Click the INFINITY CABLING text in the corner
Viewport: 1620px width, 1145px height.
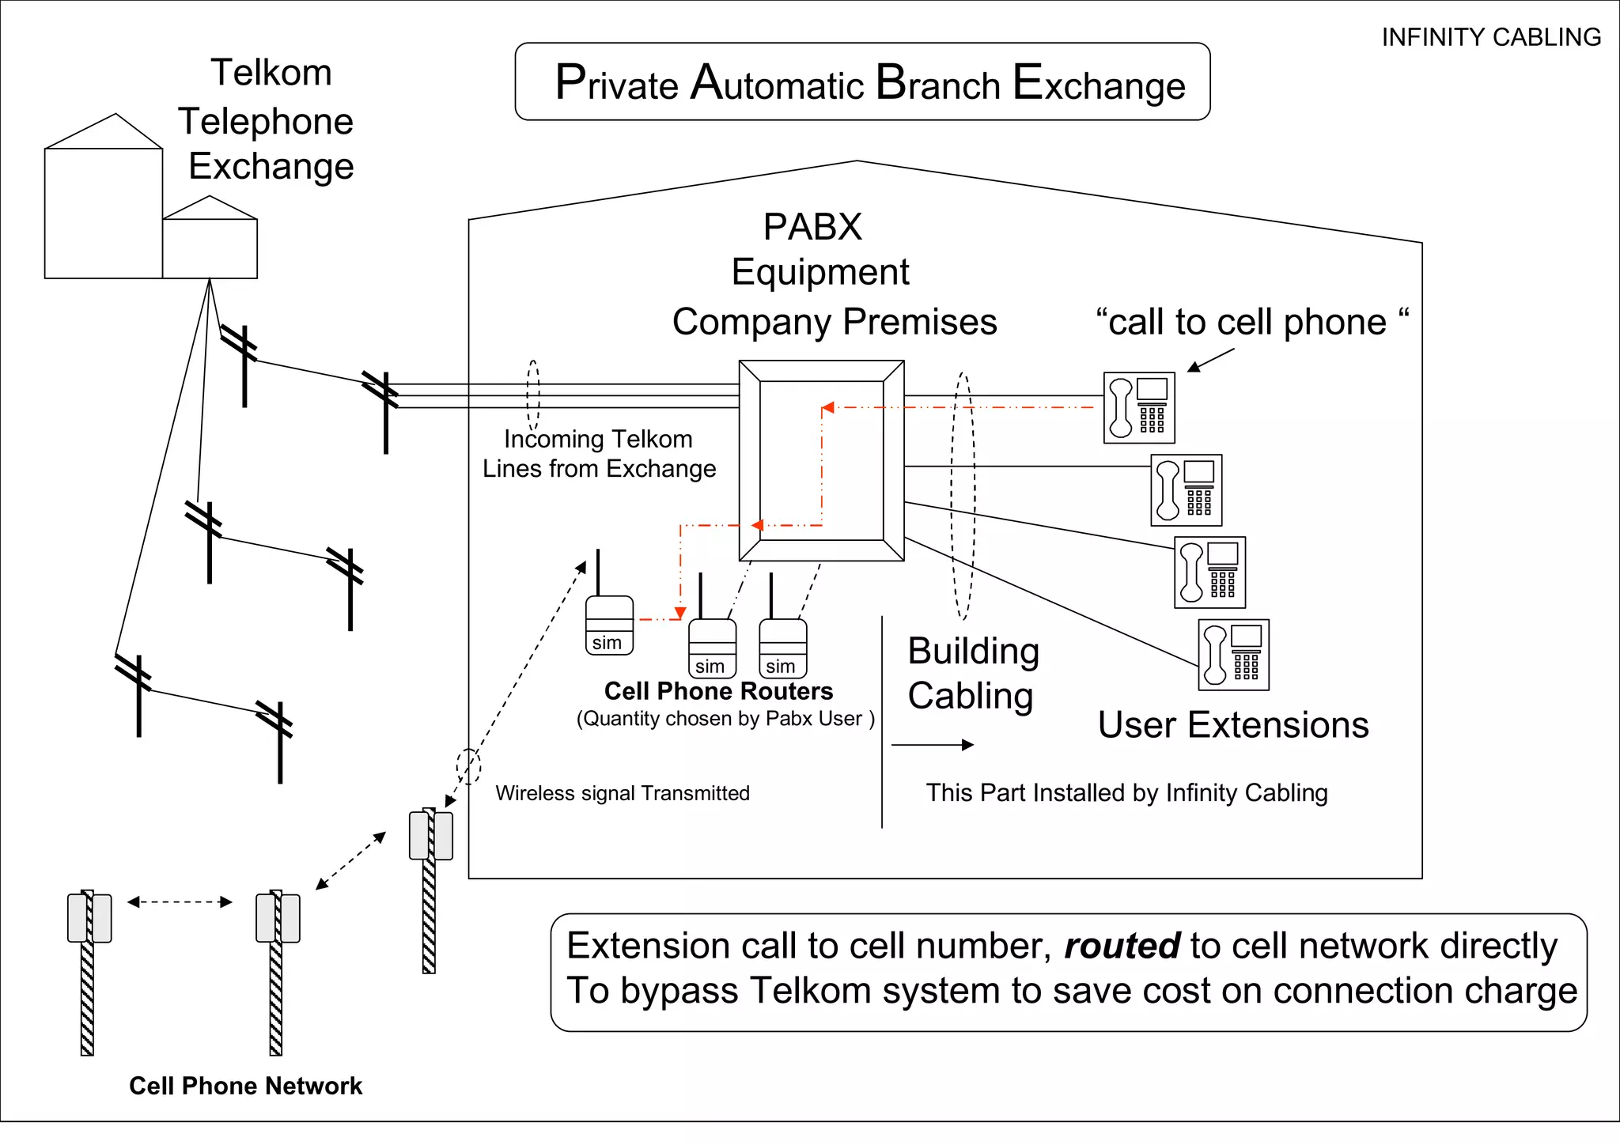tap(1490, 37)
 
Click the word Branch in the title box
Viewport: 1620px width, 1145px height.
tap(937, 83)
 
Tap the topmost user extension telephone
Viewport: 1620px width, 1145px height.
tap(1139, 407)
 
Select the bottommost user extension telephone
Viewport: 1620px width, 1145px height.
tap(1233, 655)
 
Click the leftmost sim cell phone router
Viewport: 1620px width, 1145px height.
tap(609, 625)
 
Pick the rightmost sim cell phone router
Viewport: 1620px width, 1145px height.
tap(782, 648)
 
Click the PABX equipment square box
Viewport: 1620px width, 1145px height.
tap(821, 461)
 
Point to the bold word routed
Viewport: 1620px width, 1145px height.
tap(1122, 946)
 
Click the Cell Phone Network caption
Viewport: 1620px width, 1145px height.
tap(245, 1086)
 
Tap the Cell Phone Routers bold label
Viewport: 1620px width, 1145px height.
tap(718, 691)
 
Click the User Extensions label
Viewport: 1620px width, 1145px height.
tap(1232, 724)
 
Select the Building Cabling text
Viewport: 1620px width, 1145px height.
tap(972, 674)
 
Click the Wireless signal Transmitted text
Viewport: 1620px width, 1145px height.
tap(622, 793)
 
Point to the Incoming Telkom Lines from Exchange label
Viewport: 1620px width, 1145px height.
tap(599, 454)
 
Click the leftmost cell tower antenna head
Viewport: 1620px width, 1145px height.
tap(89, 917)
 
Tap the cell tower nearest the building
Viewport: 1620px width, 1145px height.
tap(430, 836)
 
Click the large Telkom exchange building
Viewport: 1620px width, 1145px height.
tap(104, 212)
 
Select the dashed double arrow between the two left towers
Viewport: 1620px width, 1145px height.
tap(180, 901)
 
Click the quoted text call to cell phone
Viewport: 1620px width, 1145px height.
tap(1251, 322)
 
